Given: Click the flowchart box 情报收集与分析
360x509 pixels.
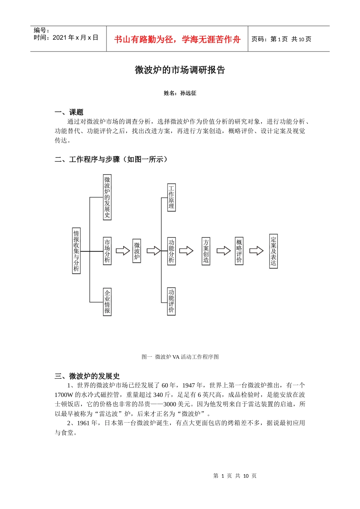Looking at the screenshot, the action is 76,251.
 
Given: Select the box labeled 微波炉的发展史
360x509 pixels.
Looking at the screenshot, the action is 107,197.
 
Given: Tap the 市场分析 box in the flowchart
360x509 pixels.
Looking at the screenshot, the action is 107,251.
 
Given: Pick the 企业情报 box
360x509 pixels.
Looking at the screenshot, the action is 107,302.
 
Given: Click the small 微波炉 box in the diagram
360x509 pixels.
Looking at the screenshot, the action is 137,251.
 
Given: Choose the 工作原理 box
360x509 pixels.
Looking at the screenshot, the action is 171,197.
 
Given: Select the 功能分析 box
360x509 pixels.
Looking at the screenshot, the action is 171,251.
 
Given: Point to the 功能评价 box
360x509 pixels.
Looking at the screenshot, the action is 171,301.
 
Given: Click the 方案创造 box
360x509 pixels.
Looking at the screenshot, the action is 206,251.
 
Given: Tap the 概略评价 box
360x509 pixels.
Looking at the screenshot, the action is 239,251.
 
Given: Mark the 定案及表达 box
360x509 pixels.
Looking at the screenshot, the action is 273,251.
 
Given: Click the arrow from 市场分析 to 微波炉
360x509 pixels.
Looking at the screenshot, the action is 123,251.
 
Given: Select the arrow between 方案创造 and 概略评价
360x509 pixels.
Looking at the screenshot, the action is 224,251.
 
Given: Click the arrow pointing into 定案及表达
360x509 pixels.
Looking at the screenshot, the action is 257,251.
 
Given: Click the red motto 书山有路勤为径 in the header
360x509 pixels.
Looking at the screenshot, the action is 177,39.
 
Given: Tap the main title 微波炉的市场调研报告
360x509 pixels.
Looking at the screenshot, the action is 180,70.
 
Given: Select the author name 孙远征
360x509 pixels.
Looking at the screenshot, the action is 188,93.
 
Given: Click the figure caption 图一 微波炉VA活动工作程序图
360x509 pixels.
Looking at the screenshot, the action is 180,357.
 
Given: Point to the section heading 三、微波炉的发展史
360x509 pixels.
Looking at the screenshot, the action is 87,376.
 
